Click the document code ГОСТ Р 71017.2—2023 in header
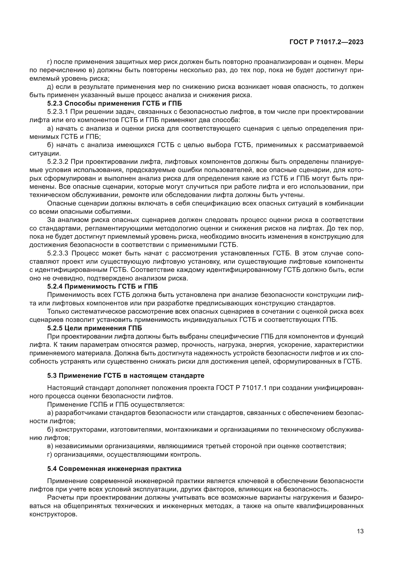coord(326,42)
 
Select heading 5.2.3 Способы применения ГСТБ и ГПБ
coord(114,104)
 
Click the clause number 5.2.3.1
coord(57,112)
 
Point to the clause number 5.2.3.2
coord(57,162)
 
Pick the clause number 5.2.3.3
coord(57,253)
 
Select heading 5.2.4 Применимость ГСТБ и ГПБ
coord(102,286)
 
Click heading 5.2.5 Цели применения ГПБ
coord(94,328)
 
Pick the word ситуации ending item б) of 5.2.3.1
coord(44,154)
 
